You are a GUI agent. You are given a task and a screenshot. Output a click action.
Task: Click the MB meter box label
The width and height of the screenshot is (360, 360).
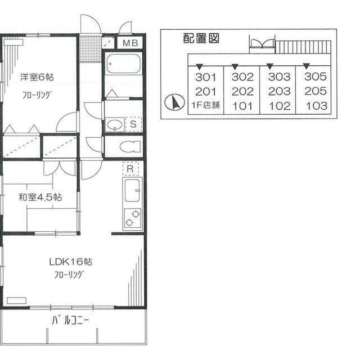(130, 43)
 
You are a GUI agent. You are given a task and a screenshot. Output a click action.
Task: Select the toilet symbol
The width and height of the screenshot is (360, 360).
(130, 146)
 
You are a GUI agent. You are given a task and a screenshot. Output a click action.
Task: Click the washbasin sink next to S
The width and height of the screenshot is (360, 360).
(115, 125)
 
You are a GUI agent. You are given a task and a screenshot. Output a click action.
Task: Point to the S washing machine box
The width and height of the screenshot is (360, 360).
(133, 124)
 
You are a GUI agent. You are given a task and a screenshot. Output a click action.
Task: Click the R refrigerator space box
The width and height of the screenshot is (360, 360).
(130, 169)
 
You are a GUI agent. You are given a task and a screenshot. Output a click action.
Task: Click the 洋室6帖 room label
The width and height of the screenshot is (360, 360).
(37, 76)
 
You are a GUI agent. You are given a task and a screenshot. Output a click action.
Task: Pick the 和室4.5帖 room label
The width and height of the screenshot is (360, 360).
(40, 197)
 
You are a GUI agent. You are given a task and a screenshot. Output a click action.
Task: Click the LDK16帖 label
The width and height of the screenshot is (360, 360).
(70, 262)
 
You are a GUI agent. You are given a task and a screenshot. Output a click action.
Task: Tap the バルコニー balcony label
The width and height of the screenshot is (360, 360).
(70, 320)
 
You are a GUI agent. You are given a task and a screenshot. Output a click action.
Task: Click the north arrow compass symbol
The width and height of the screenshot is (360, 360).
(175, 102)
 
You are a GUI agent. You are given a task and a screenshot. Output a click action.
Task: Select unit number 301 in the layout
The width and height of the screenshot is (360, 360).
(206, 77)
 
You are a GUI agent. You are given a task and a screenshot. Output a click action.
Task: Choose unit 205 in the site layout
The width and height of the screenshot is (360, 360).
(316, 91)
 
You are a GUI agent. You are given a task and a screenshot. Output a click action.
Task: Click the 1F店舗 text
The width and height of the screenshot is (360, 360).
(205, 105)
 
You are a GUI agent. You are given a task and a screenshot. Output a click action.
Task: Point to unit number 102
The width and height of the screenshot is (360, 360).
(280, 106)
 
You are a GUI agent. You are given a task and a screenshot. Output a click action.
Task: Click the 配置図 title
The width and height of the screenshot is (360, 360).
(201, 38)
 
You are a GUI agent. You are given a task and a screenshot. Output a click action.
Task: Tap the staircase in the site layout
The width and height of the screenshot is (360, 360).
(303, 47)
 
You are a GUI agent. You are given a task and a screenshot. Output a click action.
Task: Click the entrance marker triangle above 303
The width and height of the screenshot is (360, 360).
(270, 66)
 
